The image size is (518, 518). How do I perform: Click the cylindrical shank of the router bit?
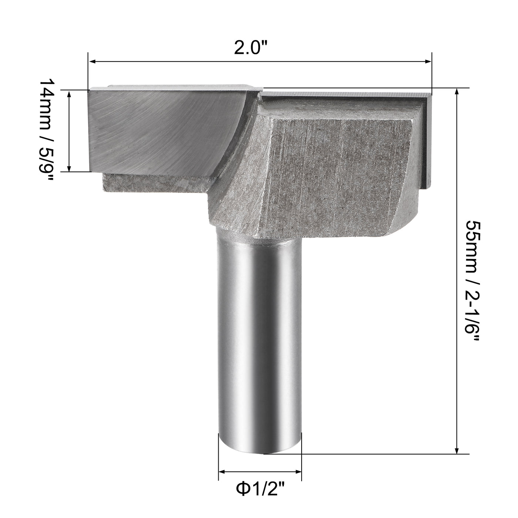point(260,333)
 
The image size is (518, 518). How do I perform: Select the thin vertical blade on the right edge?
point(427,141)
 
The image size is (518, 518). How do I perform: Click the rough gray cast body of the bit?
point(333,170)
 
